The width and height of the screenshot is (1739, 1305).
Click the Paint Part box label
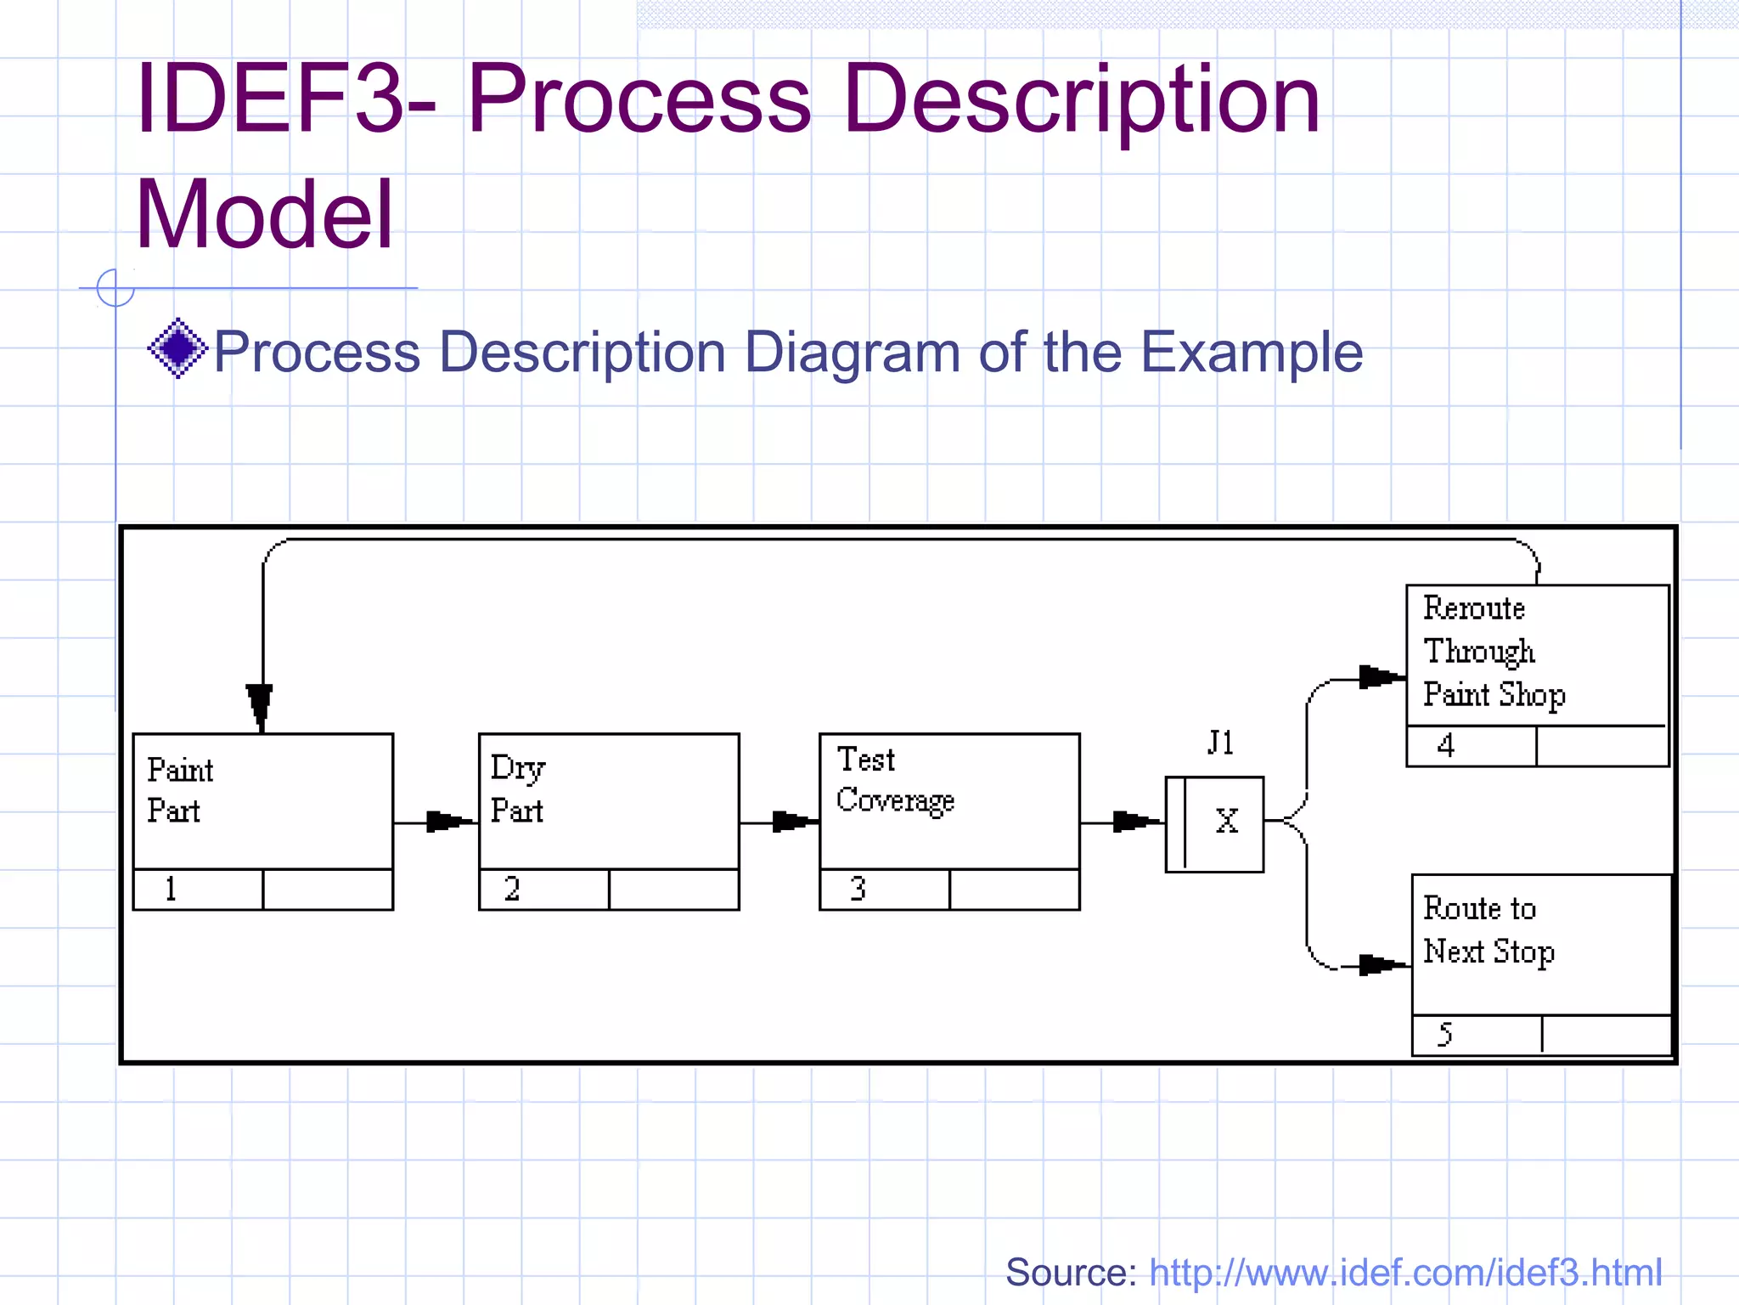pyautogui.click(x=179, y=790)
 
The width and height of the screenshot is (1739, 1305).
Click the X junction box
pyautogui.click(x=1215, y=823)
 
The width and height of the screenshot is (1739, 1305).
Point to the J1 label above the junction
pyautogui.click(x=1220, y=743)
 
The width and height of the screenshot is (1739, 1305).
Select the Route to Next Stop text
pyautogui.click(x=1488, y=929)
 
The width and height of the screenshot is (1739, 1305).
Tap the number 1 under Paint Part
pyautogui.click(x=171, y=889)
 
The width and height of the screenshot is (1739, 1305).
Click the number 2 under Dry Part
pyautogui.click(x=512, y=889)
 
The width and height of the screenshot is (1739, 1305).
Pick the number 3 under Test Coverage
pyautogui.click(x=858, y=889)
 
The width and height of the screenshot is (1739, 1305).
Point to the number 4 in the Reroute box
pyautogui.click(x=1446, y=746)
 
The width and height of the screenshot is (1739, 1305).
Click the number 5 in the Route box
pyautogui.click(x=1444, y=1035)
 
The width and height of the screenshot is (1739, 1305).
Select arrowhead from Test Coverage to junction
pyautogui.click(x=1134, y=822)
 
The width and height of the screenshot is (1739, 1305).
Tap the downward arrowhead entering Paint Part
pyautogui.click(x=260, y=706)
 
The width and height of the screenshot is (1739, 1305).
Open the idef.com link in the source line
pyautogui.click(x=1404, y=1273)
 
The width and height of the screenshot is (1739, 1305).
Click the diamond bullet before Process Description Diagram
pyautogui.click(x=177, y=348)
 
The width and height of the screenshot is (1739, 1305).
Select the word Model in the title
pyautogui.click(x=264, y=214)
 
